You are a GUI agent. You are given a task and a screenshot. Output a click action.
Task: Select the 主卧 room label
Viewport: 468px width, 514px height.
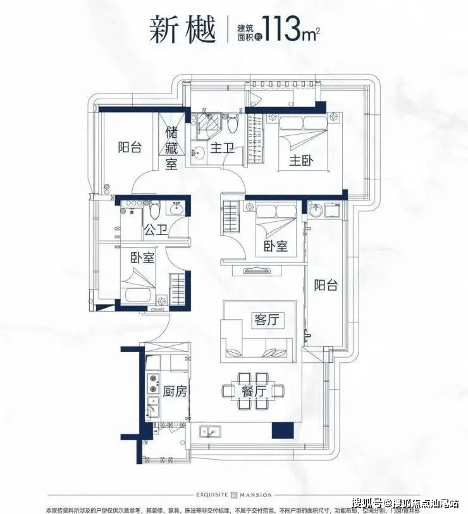(x=302, y=161)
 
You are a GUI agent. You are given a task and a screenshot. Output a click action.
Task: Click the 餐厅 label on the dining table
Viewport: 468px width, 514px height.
(x=253, y=391)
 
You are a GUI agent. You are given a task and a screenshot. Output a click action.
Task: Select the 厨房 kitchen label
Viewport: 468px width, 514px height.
(x=175, y=391)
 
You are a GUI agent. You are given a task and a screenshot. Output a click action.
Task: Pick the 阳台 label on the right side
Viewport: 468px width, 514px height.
(x=326, y=285)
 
